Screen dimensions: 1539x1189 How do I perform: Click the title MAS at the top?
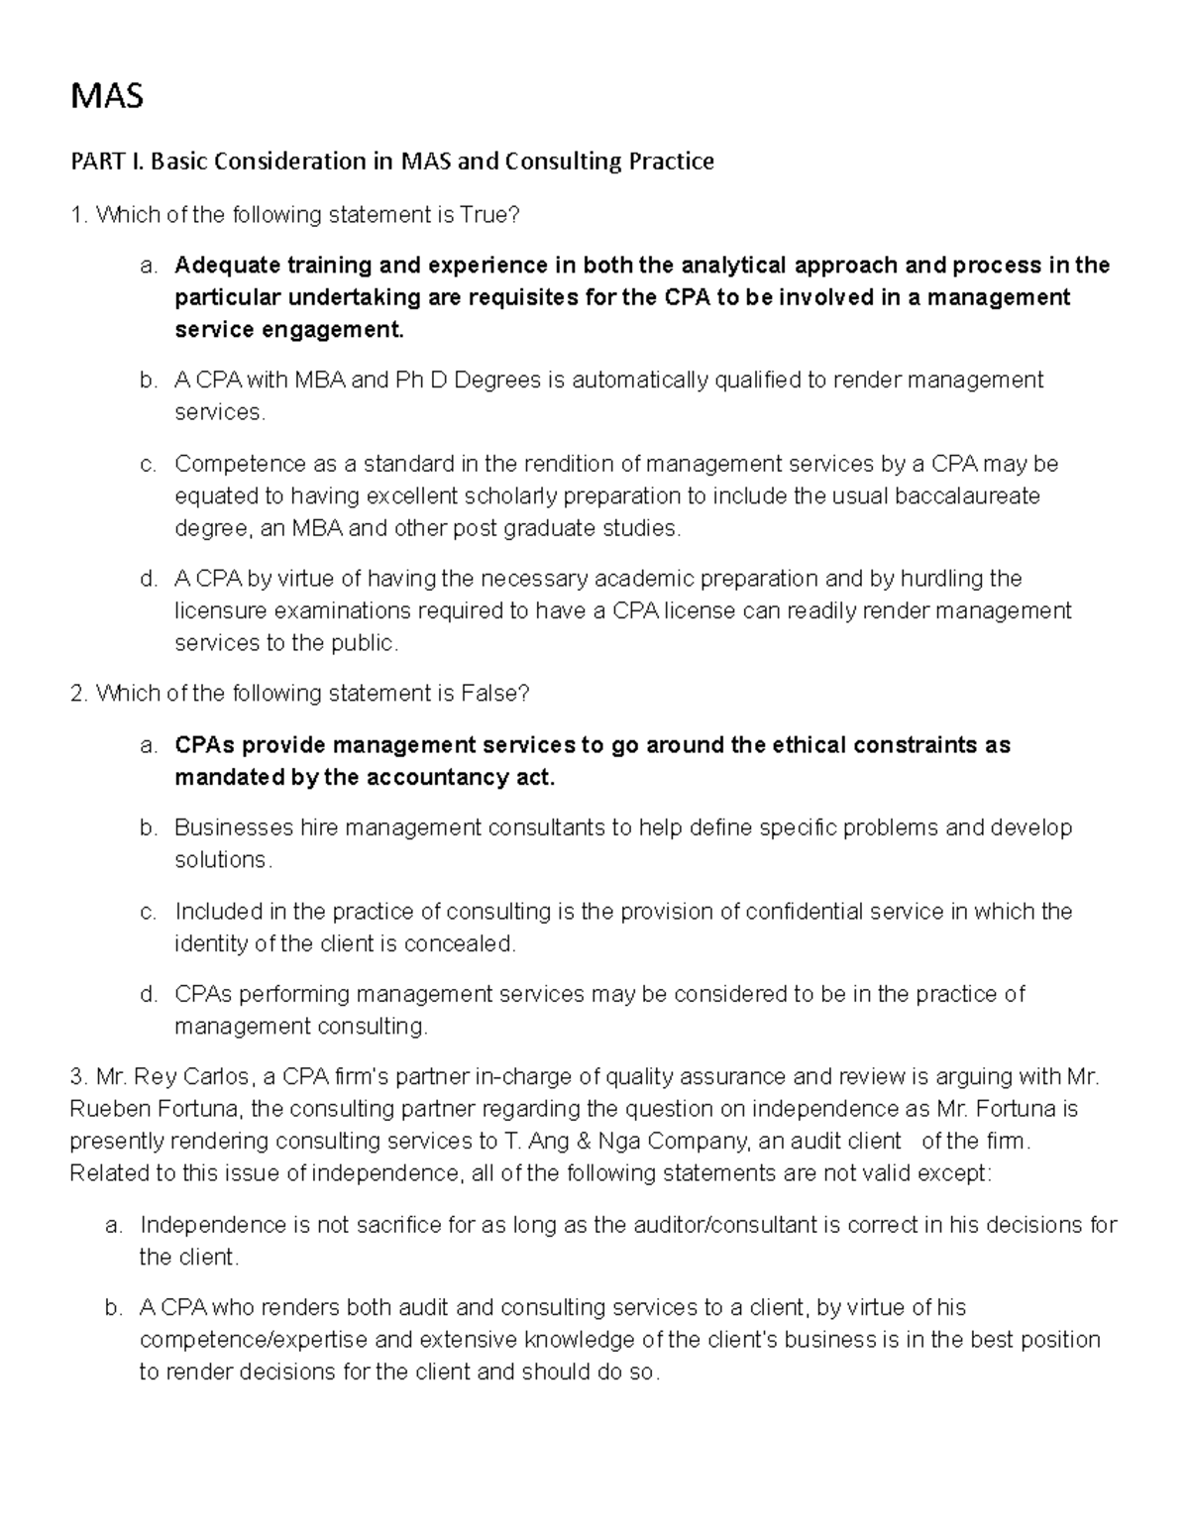(x=106, y=96)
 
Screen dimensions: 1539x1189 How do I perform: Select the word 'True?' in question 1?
(x=489, y=215)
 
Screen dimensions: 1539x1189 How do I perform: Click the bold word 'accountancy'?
(x=427, y=778)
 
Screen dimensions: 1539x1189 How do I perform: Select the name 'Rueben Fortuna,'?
(x=159, y=1109)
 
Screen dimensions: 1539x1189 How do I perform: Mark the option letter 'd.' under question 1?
(x=149, y=579)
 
